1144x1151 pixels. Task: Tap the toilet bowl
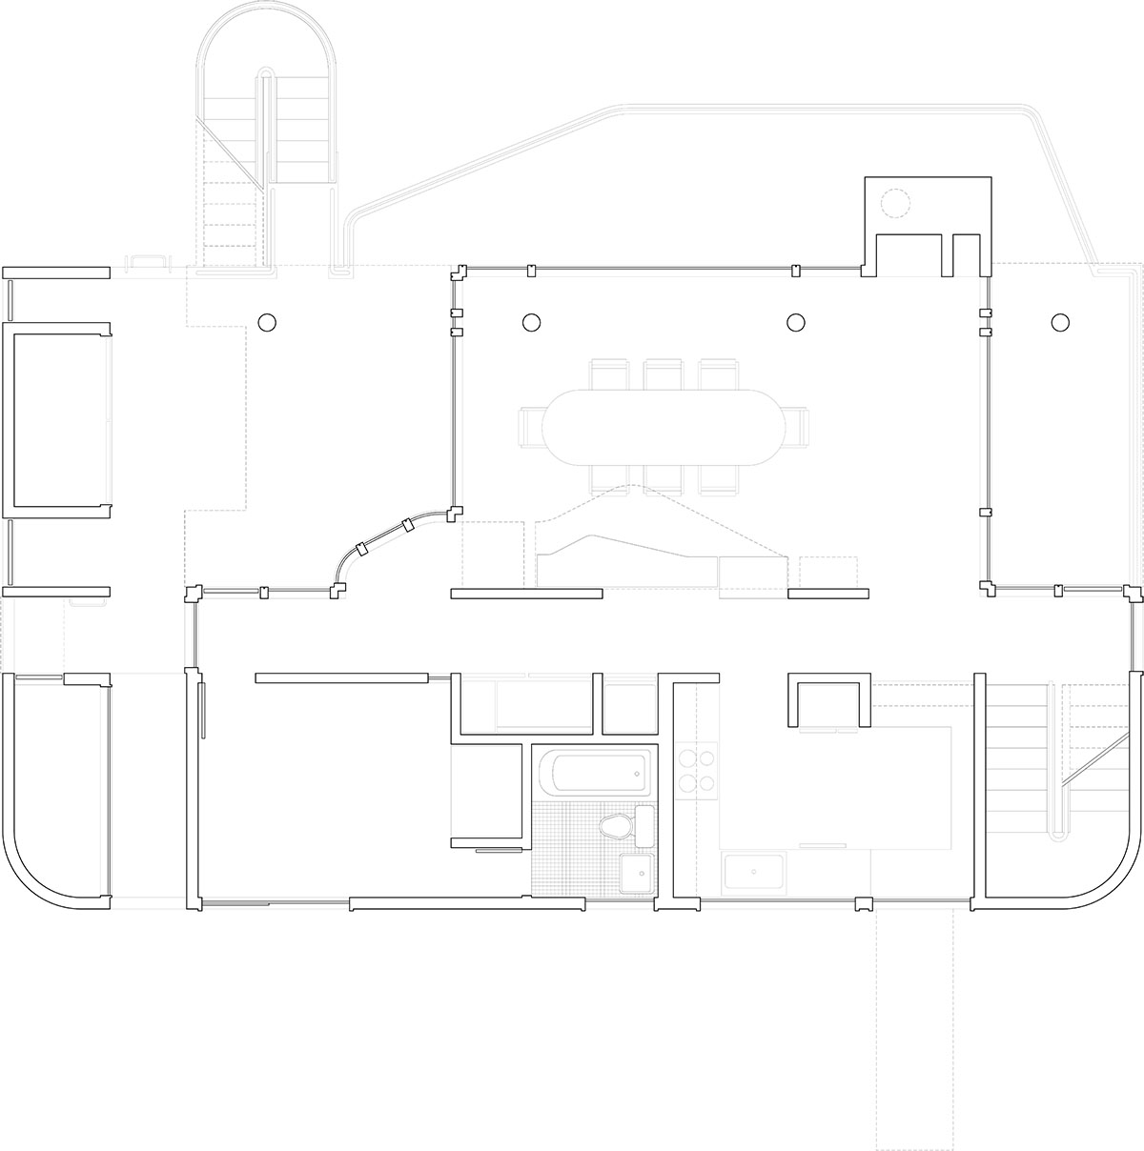point(616,826)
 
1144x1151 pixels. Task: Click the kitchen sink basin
point(753,871)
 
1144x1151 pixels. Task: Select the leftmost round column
point(267,321)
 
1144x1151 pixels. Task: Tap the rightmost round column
point(1059,321)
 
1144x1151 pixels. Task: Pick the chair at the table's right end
point(795,427)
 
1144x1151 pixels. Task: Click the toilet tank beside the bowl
point(644,825)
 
